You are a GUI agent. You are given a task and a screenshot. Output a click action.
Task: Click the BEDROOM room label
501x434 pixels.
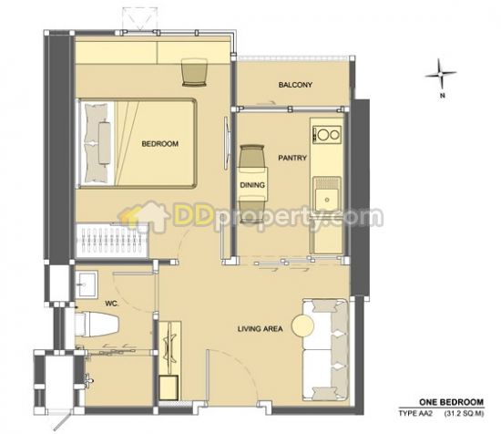pos(159,144)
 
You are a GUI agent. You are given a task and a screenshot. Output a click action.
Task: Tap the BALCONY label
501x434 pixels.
pos(295,85)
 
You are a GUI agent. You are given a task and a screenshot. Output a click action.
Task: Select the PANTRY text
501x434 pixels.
pos(292,158)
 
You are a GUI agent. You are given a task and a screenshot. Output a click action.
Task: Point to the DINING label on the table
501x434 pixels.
pos(252,185)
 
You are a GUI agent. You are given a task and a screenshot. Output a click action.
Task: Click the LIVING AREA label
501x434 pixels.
pos(261,328)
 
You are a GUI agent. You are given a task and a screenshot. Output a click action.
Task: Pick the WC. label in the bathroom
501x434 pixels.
pos(111,304)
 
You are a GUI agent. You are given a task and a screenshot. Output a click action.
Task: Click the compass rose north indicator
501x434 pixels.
pos(441,74)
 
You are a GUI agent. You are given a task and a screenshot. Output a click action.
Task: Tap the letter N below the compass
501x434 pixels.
pos(443,96)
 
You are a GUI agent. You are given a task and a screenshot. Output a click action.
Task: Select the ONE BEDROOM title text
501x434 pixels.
pos(452,402)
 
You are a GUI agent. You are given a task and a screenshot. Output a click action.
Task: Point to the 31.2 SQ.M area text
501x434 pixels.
pos(464,414)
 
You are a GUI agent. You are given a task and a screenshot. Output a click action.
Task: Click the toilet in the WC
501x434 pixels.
pos(97,325)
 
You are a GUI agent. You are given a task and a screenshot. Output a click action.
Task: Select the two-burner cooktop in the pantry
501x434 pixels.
pos(327,134)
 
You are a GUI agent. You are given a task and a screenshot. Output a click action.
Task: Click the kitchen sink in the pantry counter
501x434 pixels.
pos(327,195)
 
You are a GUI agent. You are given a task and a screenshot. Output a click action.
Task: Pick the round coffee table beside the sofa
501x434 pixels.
pos(302,325)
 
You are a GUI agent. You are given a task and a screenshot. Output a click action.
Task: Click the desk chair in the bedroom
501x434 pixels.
pos(194,73)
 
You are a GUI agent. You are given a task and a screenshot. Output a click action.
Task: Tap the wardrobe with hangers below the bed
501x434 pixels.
pos(111,241)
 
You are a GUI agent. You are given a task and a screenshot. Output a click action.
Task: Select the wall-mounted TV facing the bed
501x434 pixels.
pos(227,143)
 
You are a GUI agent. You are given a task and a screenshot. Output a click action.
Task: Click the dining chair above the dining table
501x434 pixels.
pos(252,156)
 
